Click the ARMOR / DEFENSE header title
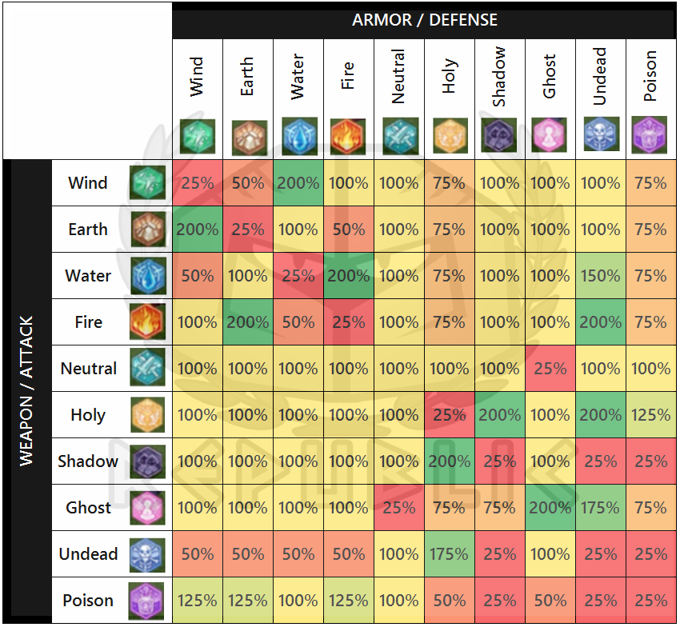click(x=424, y=20)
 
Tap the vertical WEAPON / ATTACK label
click(x=26, y=391)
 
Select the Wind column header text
click(x=197, y=77)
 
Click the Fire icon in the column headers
click(x=347, y=136)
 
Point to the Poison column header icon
click(x=649, y=136)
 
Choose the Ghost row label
click(x=88, y=508)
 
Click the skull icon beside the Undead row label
click(x=147, y=554)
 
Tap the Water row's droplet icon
click(x=147, y=276)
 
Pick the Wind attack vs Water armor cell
click(x=298, y=183)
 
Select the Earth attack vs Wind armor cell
click(x=198, y=230)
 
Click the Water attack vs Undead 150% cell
click(x=600, y=276)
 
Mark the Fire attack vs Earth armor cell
click(x=248, y=322)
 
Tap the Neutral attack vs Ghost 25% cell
click(x=550, y=369)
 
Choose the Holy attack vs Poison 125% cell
click(x=650, y=415)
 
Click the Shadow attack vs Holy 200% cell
click(x=449, y=461)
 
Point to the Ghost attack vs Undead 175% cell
click(x=600, y=508)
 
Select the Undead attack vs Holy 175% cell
click(x=449, y=554)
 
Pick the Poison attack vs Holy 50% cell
click(x=449, y=601)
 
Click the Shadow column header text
click(x=499, y=77)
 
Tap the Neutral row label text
click(x=89, y=369)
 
